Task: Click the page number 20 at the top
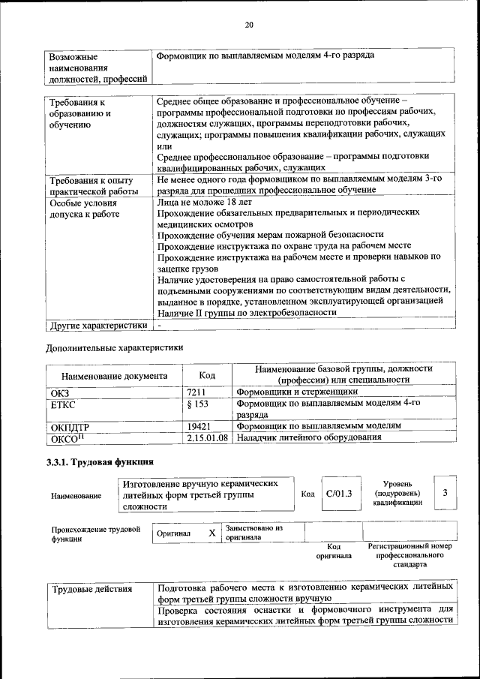249,26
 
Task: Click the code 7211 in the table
196,392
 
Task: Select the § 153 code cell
197,404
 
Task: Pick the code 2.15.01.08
207,437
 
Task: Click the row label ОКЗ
59,392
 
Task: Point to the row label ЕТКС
64,404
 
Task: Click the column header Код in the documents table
208,374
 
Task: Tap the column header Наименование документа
115,375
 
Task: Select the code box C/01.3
339,493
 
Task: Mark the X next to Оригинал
211,533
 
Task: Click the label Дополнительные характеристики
114,347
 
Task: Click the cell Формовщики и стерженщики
297,392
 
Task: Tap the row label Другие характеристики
97,326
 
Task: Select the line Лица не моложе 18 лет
204,202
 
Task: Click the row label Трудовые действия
91,589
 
